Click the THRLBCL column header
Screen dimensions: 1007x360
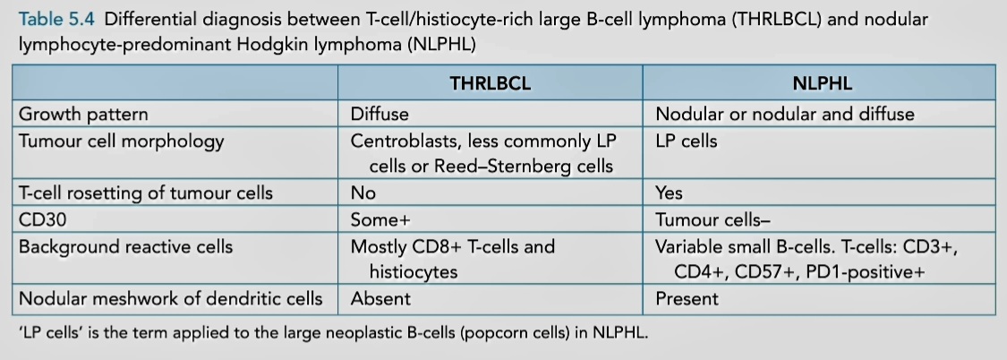pyautogui.click(x=490, y=83)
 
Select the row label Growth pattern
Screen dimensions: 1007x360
pyautogui.click(x=83, y=115)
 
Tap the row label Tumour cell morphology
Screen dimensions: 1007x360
pyautogui.click(x=122, y=141)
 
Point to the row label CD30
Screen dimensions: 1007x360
pyautogui.click(x=42, y=220)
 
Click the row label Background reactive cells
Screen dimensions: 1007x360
pyautogui.click(x=125, y=247)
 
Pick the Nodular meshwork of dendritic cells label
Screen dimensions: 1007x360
pyautogui.click(x=170, y=298)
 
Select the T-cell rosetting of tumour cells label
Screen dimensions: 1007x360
pyautogui.click(x=146, y=193)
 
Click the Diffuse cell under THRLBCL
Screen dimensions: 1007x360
pyautogui.click(x=379, y=115)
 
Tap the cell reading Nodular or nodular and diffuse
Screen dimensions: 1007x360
pyautogui.click(x=785, y=115)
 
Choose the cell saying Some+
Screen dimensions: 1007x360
pyautogui.click(x=380, y=220)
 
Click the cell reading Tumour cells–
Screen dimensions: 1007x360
pyautogui.click(x=713, y=220)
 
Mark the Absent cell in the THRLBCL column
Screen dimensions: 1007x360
pyautogui.click(x=380, y=298)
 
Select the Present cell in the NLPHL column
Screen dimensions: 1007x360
pyautogui.click(x=687, y=298)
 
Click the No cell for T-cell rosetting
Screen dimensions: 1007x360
pyautogui.click(x=363, y=193)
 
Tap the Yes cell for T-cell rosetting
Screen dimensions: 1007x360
pyautogui.click(x=669, y=193)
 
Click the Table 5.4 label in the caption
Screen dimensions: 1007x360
pyautogui.click(x=57, y=19)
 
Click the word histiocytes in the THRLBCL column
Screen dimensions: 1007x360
pyautogui.click(x=413, y=272)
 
